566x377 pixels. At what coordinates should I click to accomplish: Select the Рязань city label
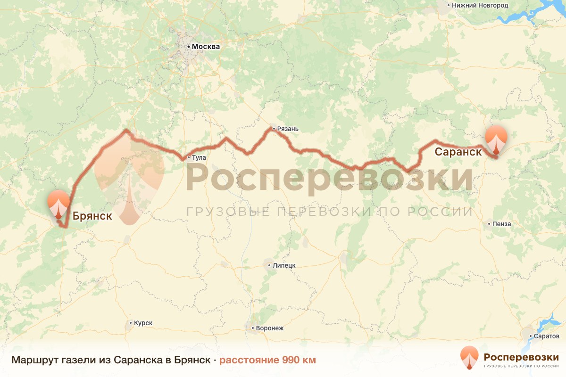[x=288, y=129]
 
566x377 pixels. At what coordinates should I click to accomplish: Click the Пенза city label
[x=501, y=224]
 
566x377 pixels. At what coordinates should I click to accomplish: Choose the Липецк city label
[x=284, y=265]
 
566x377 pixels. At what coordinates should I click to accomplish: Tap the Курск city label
[x=143, y=323]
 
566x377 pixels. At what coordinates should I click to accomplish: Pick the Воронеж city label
[x=270, y=328]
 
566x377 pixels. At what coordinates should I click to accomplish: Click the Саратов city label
[x=547, y=336]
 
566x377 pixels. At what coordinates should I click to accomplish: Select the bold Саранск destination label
[x=458, y=152]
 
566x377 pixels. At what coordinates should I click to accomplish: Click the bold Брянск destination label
[x=92, y=216]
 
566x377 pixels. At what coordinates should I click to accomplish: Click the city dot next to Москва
[x=189, y=47]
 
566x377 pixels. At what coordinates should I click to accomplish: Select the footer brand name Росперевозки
[x=521, y=356]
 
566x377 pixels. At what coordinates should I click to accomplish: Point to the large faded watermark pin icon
[x=129, y=186]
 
